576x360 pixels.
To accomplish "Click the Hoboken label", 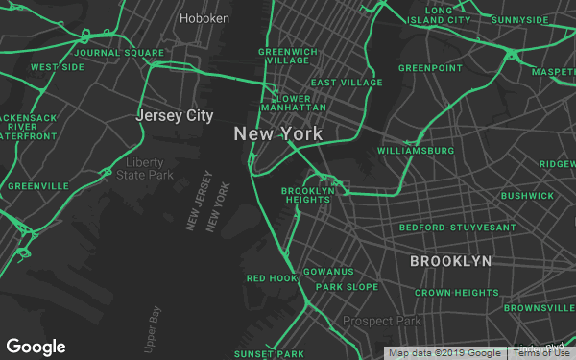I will coord(204,17).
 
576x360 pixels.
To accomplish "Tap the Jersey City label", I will coord(174,115).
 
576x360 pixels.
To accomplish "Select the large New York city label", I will coord(278,134).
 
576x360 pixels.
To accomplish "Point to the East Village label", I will coord(347,84).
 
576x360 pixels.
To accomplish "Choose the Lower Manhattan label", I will coord(293,104).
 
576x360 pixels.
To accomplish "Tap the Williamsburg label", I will coord(416,151).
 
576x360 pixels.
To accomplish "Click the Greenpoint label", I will coord(430,68).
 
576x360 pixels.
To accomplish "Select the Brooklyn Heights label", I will coord(308,196).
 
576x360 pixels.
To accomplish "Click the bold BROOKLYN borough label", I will coord(450,261).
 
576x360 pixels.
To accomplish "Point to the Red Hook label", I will coord(273,278).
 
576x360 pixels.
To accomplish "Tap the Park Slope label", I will coord(348,287).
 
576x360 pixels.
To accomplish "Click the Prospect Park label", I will coord(382,321).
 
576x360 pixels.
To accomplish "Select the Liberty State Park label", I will coord(145,168).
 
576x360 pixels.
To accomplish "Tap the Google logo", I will coord(36,347).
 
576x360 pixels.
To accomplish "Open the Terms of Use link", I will coord(542,353).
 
